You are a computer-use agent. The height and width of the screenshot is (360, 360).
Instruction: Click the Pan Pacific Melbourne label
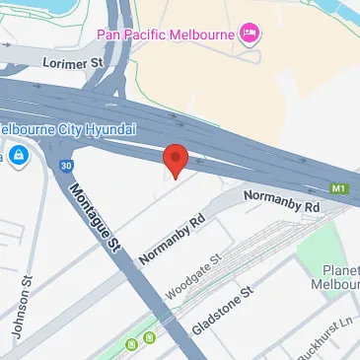(166, 36)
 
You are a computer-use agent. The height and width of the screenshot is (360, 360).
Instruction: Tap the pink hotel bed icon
(251, 35)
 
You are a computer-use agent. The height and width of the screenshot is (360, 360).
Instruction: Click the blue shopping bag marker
(19, 154)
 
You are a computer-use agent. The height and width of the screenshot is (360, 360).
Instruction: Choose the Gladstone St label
(225, 309)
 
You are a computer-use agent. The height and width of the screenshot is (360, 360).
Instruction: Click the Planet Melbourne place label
(341, 277)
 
